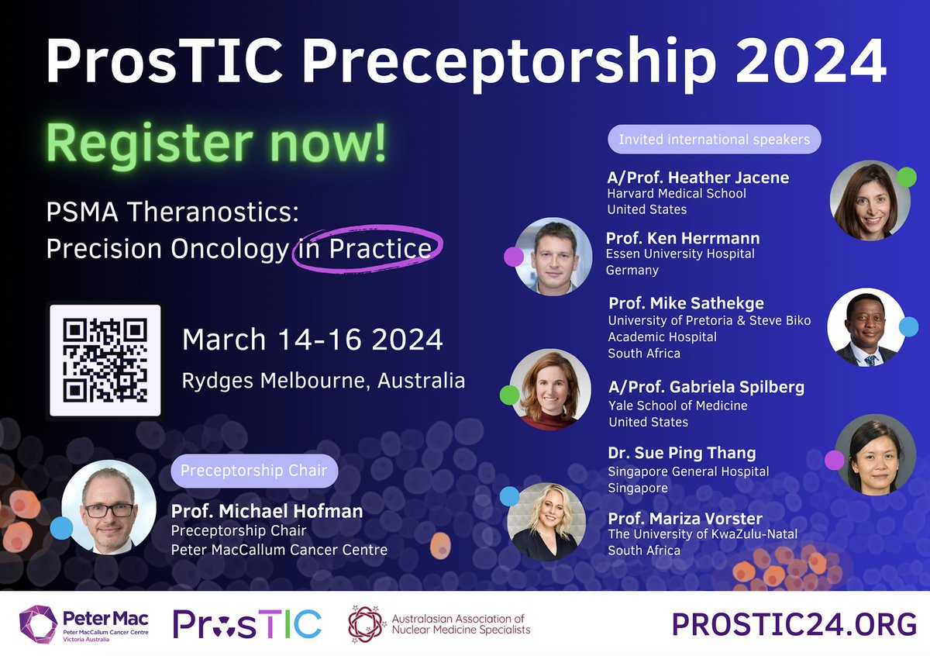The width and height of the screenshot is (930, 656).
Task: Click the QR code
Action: point(105,361)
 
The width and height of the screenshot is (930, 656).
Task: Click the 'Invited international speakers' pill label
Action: point(714,140)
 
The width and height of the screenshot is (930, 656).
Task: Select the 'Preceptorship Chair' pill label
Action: point(253,470)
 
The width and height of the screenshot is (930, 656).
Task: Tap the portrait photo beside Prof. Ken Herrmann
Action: point(553,256)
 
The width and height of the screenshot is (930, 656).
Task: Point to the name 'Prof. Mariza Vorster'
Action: point(685,518)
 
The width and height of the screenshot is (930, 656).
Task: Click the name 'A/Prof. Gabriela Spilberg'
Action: point(706,387)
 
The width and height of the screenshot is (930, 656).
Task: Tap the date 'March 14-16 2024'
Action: point(312,340)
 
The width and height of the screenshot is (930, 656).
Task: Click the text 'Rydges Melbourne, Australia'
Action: point(323,381)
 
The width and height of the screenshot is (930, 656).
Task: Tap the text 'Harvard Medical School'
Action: point(676,194)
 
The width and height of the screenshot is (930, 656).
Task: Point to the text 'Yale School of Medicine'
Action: point(677,406)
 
